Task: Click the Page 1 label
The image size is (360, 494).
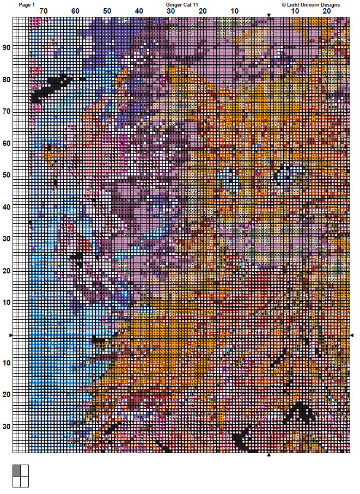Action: point(27,4)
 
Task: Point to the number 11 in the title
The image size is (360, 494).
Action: point(195,4)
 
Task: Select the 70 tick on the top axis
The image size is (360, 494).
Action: point(44,11)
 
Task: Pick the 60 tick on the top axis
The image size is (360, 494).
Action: point(75,11)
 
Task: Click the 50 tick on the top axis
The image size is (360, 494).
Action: point(107,11)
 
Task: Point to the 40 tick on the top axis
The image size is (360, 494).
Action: point(139,11)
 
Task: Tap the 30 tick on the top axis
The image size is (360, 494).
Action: point(171,11)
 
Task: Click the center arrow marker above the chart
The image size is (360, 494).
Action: point(269,15)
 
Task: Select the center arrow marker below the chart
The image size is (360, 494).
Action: point(269,455)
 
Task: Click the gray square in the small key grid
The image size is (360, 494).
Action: point(17,470)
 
